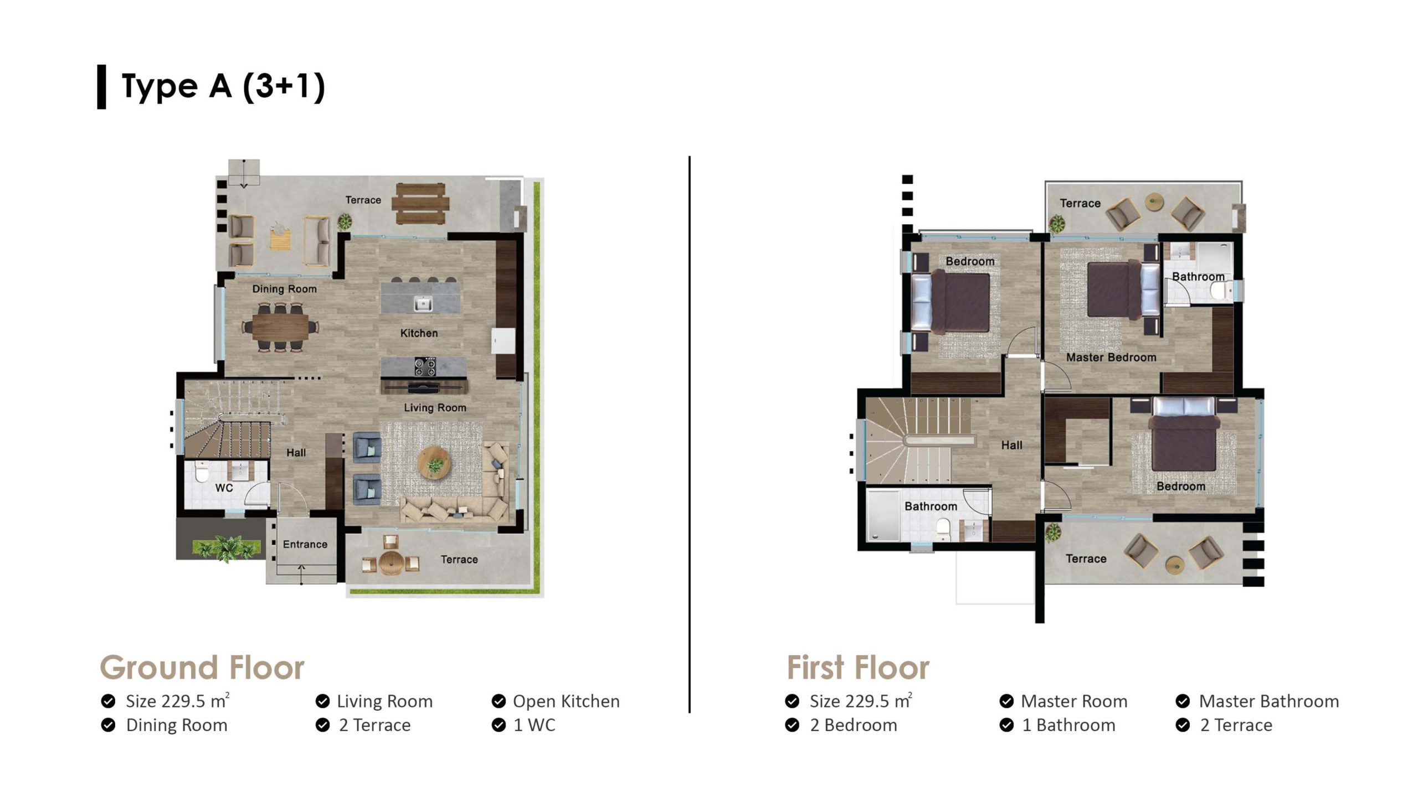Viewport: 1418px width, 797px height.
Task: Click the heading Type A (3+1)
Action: click(x=223, y=87)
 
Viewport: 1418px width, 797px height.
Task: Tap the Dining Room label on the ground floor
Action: click(x=284, y=289)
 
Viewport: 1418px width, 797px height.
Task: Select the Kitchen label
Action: click(x=419, y=333)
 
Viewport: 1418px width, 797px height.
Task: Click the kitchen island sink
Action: click(x=423, y=303)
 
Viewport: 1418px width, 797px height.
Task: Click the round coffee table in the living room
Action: click(x=435, y=464)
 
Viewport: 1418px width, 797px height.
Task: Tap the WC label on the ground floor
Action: click(x=224, y=488)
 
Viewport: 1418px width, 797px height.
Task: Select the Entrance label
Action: click(x=305, y=544)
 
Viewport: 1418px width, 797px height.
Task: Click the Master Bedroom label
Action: click(x=1111, y=358)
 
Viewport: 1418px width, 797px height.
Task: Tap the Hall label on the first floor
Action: click(x=1011, y=445)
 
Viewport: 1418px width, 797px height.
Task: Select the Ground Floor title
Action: click(x=202, y=667)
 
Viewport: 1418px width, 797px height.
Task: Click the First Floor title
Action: click(x=858, y=667)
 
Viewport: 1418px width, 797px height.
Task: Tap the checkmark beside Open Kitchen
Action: click(x=499, y=701)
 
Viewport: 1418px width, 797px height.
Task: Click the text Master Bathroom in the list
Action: click(x=1269, y=701)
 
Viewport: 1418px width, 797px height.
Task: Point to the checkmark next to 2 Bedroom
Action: click(x=792, y=725)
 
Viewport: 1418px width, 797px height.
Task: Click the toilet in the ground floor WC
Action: click(x=201, y=472)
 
